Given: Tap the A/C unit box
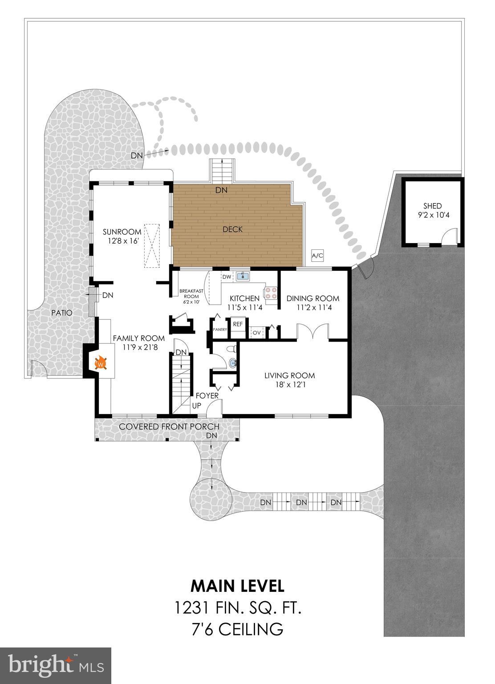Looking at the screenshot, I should pyautogui.click(x=317, y=256).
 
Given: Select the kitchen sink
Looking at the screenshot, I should pyautogui.click(x=243, y=277).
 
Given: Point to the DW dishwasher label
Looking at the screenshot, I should pyautogui.click(x=227, y=277).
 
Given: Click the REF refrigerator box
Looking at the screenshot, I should pyautogui.click(x=238, y=324).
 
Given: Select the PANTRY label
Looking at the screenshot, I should pyautogui.click(x=220, y=330).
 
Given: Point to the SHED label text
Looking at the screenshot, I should pyautogui.click(x=432, y=206).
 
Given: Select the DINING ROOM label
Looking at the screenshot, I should pyautogui.click(x=312, y=298).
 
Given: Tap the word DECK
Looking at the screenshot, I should pyautogui.click(x=232, y=229).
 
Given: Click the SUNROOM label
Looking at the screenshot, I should pyautogui.click(x=122, y=232).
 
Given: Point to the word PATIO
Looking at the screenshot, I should pyautogui.click(x=61, y=313).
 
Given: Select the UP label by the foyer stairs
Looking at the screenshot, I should pyautogui.click(x=196, y=406).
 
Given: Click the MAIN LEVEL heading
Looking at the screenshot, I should pyautogui.click(x=238, y=586).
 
